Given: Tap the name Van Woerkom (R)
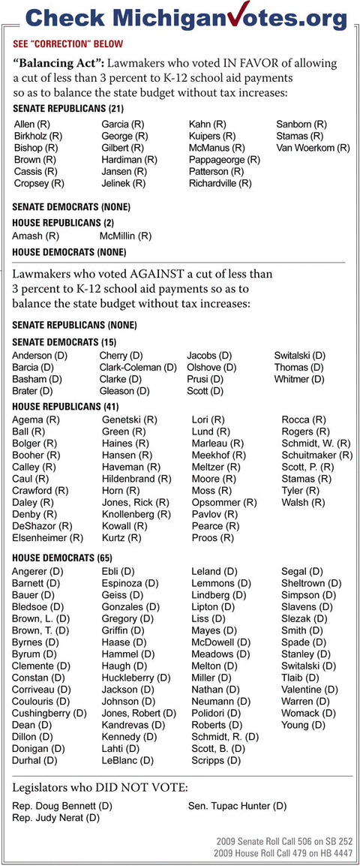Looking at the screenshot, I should (313, 148).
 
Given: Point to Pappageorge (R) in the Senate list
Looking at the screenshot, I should (224, 160).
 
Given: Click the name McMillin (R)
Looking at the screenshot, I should (125, 236).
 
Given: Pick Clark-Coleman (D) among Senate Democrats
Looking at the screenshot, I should (138, 367).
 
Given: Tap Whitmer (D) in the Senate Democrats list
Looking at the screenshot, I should (300, 379).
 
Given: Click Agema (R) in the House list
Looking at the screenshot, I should (36, 419).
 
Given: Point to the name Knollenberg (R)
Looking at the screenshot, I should (136, 514).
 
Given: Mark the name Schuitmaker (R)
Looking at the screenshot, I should (316, 455).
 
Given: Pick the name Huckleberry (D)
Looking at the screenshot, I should (136, 678).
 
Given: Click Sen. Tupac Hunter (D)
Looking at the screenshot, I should (237, 806).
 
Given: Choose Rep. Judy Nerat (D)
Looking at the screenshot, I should (56, 817).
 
